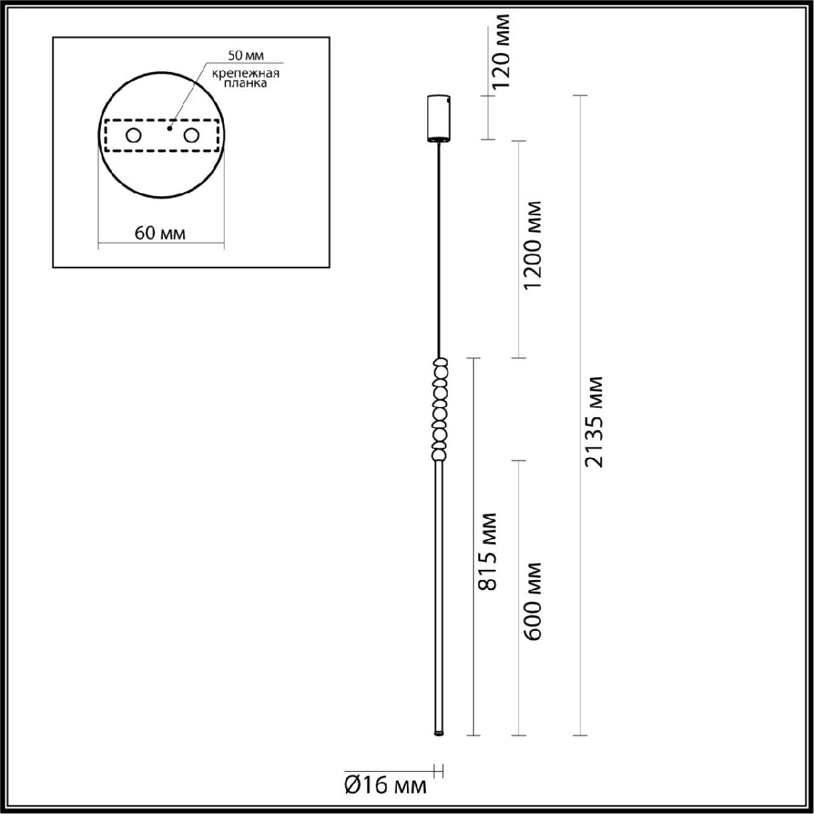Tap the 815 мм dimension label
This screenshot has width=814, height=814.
click(x=487, y=551)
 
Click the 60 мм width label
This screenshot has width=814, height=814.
click(x=161, y=233)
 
